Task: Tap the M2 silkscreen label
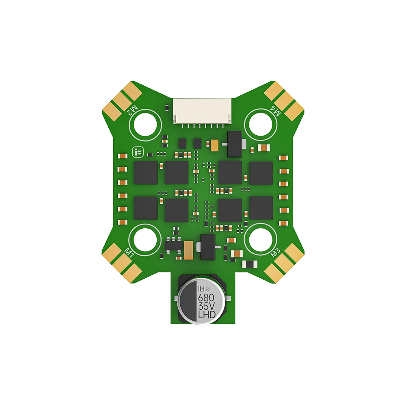(x=132, y=110)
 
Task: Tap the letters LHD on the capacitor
(x=206, y=315)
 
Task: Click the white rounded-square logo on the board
(x=137, y=152)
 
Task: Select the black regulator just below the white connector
(x=235, y=144)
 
